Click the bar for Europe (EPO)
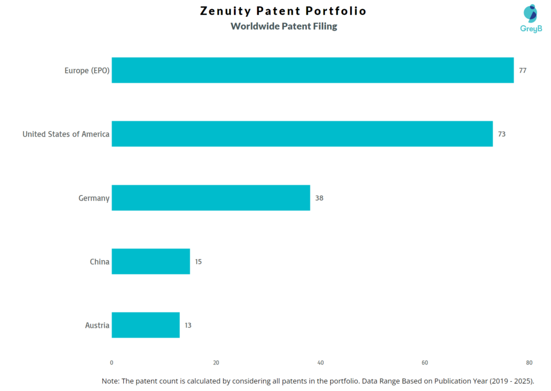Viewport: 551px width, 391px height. pyautogui.click(x=312, y=70)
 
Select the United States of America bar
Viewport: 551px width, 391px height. pyautogui.click(x=302, y=134)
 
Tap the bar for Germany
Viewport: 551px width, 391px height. pyautogui.click(x=210, y=197)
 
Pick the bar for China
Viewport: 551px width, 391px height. pyautogui.click(x=151, y=261)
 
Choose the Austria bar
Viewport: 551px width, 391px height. pyautogui.click(x=145, y=325)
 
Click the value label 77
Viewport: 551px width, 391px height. pyautogui.click(x=522, y=70)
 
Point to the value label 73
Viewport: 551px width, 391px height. pyautogui.click(x=501, y=134)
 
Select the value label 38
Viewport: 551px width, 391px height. pyautogui.click(x=319, y=198)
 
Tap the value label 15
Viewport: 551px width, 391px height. pyautogui.click(x=198, y=262)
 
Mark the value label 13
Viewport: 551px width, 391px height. pyautogui.click(x=188, y=325)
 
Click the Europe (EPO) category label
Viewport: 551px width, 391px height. pyautogui.click(x=87, y=70)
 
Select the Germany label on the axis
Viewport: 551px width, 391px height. pyautogui.click(x=94, y=198)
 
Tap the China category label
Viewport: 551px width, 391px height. pyautogui.click(x=100, y=262)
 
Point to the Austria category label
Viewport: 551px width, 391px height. pyautogui.click(x=97, y=325)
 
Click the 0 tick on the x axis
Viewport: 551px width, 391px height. pyautogui.click(x=111, y=362)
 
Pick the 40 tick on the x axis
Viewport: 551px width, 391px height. pyautogui.click(x=321, y=362)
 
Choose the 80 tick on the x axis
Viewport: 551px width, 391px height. pyautogui.click(x=529, y=362)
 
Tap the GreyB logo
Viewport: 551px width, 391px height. pyautogui.click(x=530, y=18)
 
